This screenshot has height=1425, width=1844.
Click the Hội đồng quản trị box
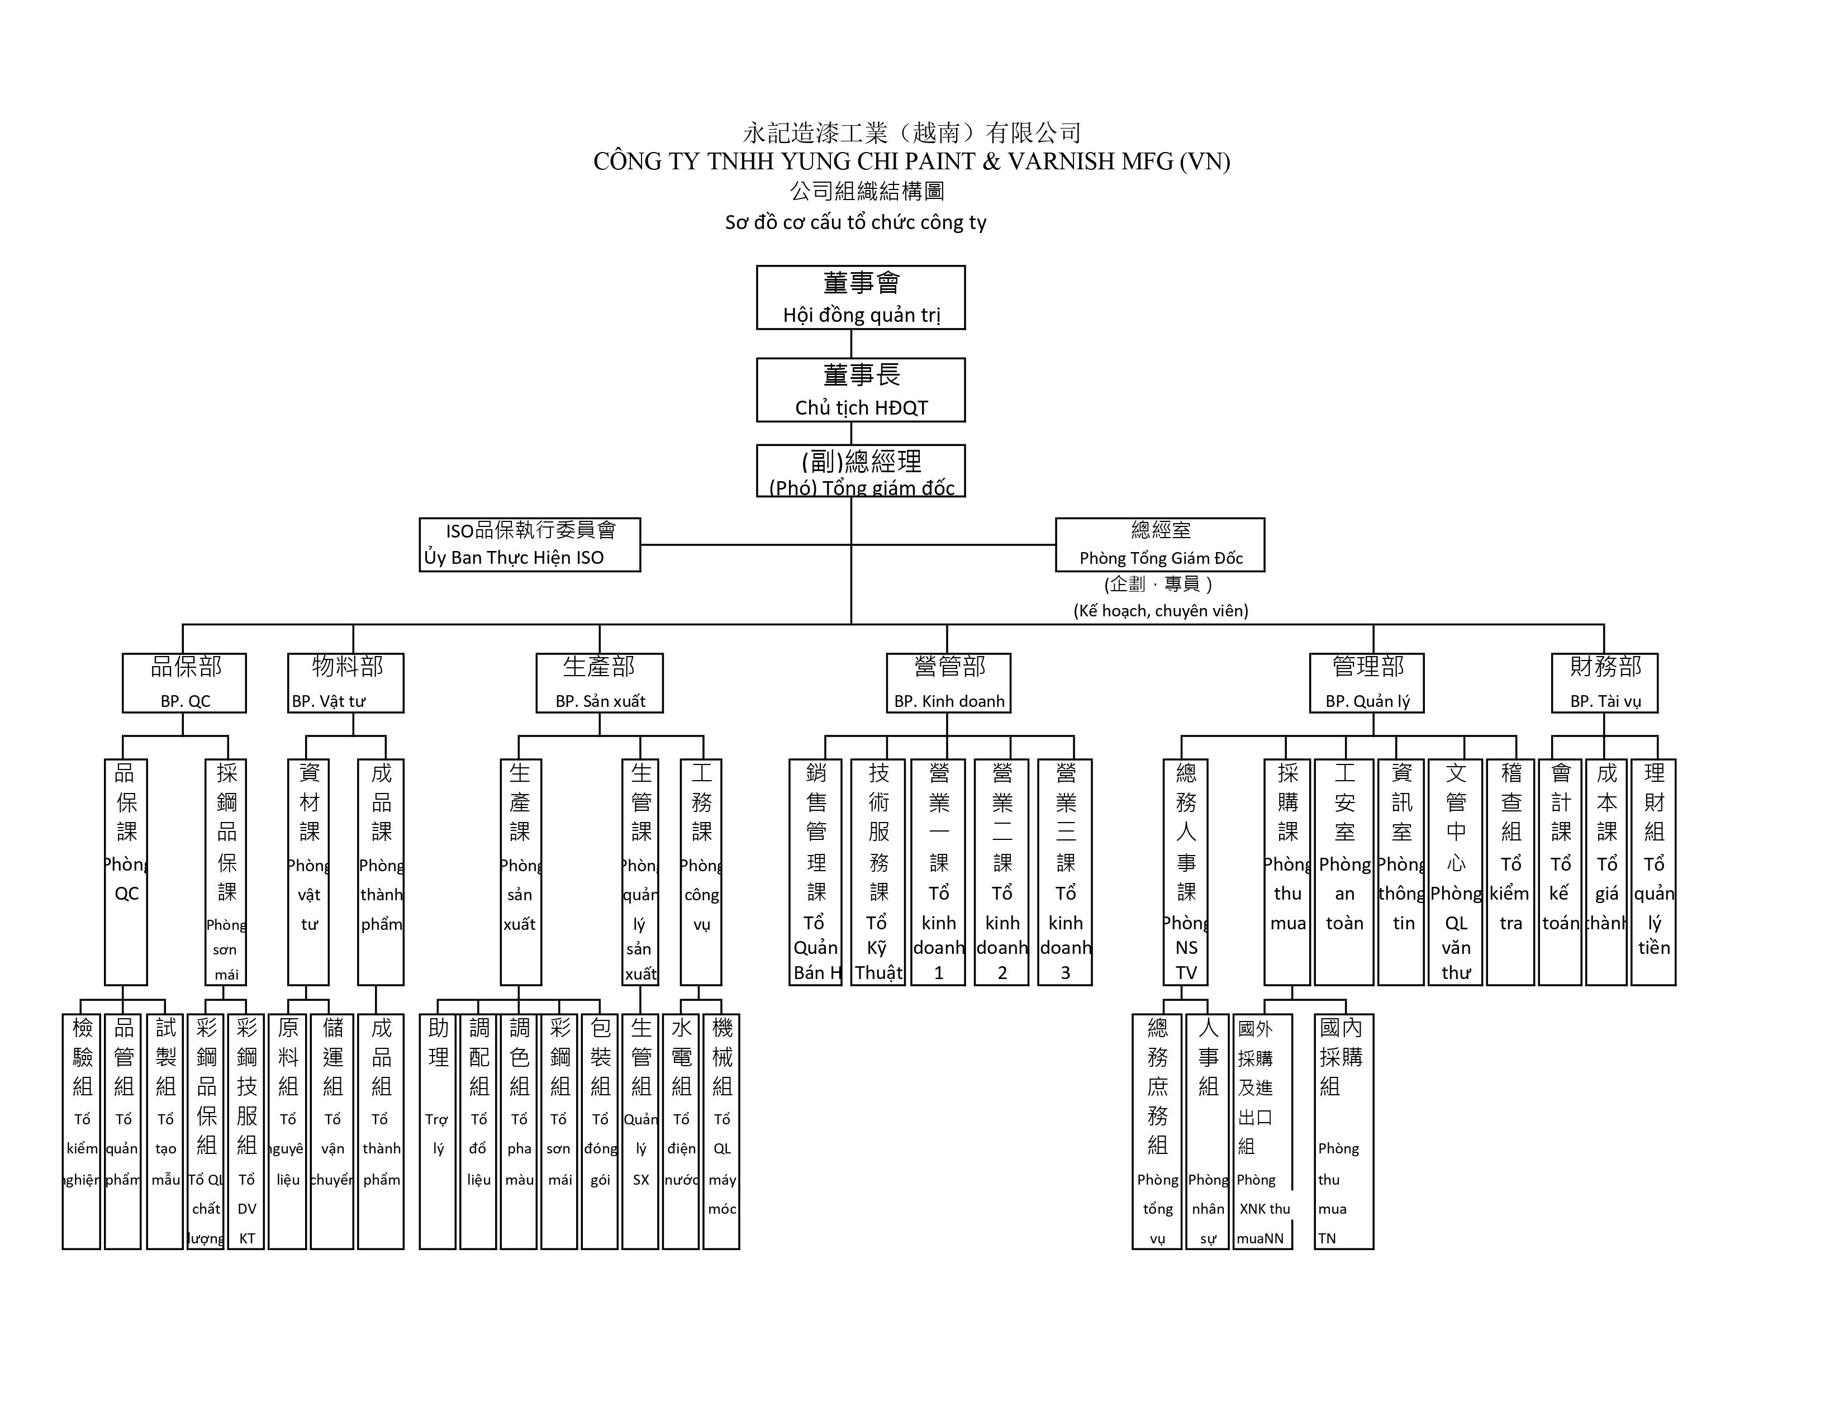pyautogui.click(x=861, y=297)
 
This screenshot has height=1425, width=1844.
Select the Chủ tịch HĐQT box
pyautogui.click(x=861, y=390)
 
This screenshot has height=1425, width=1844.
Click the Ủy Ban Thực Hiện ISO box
pyautogui.click(x=529, y=544)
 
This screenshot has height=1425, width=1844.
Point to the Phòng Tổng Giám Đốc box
pyautogui.click(x=1159, y=544)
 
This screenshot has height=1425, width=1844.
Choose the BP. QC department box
pyautogui.click(x=184, y=683)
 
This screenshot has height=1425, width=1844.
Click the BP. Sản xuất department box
pyautogui.click(x=600, y=683)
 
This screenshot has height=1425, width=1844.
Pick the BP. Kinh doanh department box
pyautogui.click(x=948, y=683)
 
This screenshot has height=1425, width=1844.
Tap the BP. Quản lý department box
pyautogui.click(x=1366, y=683)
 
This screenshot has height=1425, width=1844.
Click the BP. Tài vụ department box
pyautogui.click(x=1604, y=683)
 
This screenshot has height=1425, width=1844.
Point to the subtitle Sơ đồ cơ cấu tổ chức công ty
pyautogui.click(x=856, y=222)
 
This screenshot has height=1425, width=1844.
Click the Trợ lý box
pyautogui.click(x=438, y=1130)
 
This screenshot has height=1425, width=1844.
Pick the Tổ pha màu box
pyautogui.click(x=519, y=1130)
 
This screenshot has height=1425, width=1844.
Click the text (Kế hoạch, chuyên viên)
pyautogui.click(x=1160, y=610)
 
